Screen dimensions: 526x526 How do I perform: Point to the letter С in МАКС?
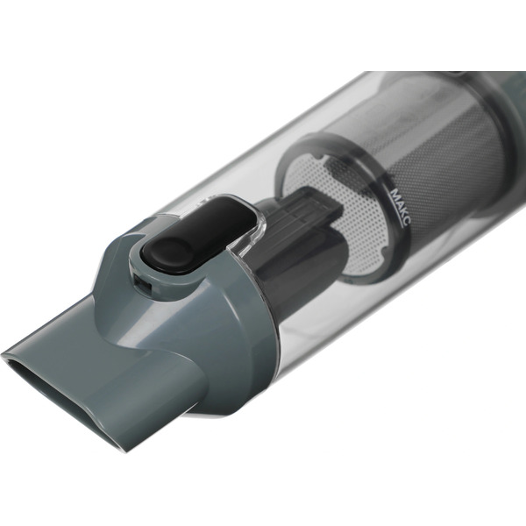click(x=406, y=223)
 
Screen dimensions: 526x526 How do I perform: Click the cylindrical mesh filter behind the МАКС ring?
click(x=446, y=151)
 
